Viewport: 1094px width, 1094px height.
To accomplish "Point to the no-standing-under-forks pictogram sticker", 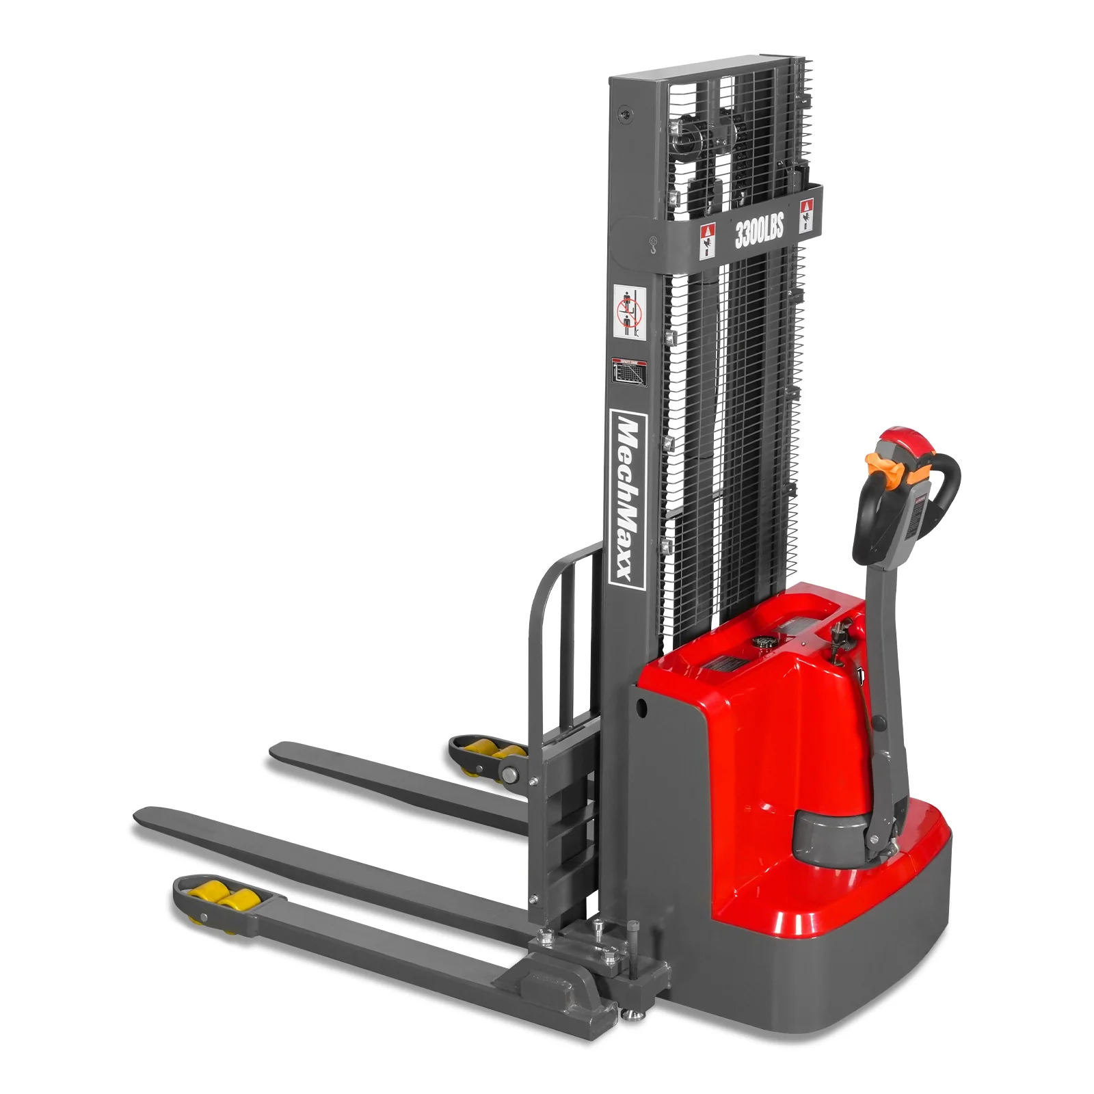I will [x=630, y=311].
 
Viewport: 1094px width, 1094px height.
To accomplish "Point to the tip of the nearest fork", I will [x=140, y=816].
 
